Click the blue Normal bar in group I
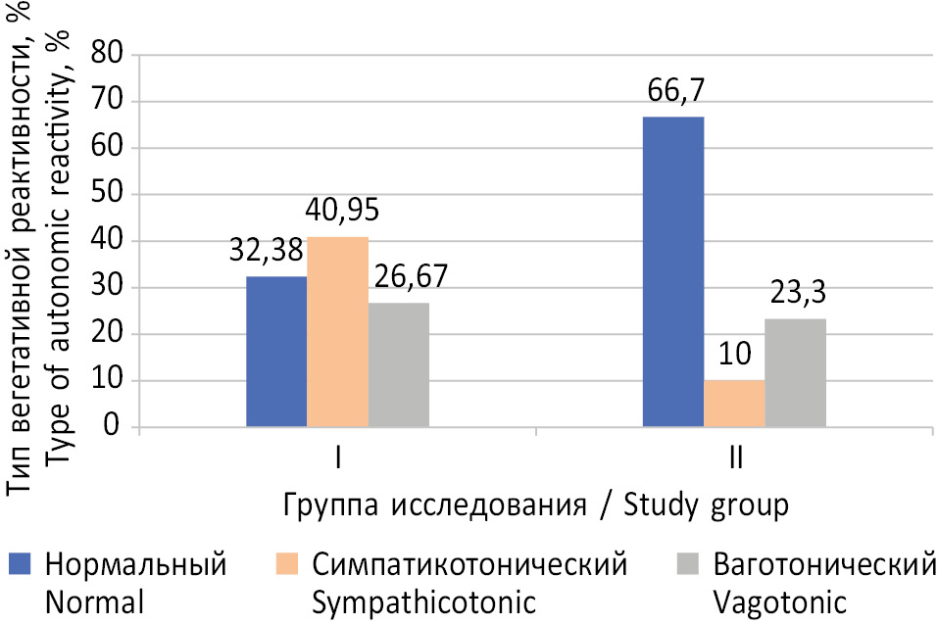[x=276, y=353]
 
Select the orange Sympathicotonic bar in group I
[x=337, y=332]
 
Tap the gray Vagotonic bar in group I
[x=398, y=365]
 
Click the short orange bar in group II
[x=733, y=404]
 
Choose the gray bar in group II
[x=795, y=373]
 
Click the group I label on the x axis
[x=337, y=459]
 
